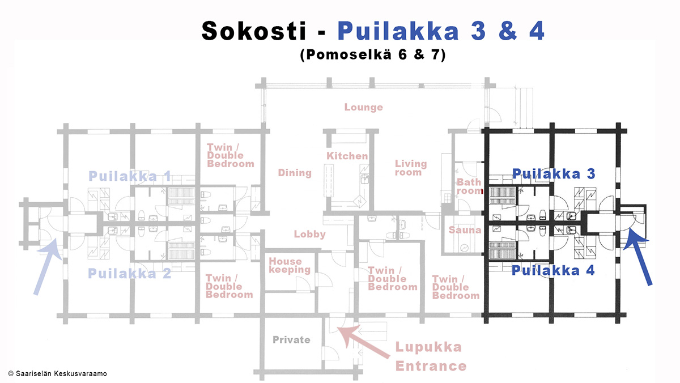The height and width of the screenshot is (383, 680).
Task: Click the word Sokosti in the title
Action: pos(254,31)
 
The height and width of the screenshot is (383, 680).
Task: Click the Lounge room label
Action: pos(363,107)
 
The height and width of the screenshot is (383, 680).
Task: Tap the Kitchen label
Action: pos(347,156)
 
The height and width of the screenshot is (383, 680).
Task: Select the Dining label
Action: pos(295,173)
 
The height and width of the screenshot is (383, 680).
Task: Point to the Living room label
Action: pos(411,168)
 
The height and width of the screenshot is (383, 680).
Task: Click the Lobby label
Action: pos(309,234)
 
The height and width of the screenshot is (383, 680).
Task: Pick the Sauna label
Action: pos(465,230)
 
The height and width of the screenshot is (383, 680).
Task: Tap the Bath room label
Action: pos(469,186)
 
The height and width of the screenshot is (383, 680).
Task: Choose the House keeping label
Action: pos(290,266)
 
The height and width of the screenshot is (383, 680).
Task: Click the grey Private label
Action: pos(291,339)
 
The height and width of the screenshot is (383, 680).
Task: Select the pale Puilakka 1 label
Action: pos(130,176)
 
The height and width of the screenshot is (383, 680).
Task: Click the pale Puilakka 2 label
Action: pos(130,274)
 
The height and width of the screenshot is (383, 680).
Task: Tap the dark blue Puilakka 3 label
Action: pos(554,174)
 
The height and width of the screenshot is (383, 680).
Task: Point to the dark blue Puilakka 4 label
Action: pos(553,270)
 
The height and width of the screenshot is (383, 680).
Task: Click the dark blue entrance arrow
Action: pos(639,257)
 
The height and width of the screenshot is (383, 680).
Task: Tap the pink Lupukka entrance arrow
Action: pos(363,342)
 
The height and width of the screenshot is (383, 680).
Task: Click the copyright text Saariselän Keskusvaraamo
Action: pos(57,373)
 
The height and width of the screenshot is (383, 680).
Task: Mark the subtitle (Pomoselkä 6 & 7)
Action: pos(373,54)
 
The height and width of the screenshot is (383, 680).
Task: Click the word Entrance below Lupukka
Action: pos(431,366)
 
